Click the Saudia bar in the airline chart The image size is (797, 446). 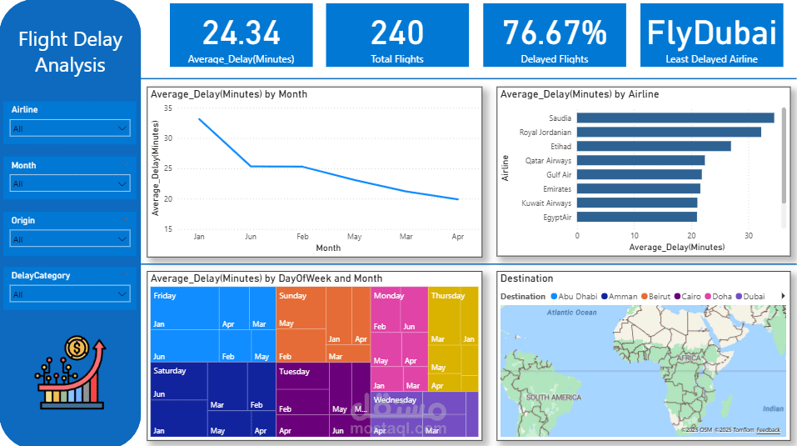pyautogui.click(x=675, y=118)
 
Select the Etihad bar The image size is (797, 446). pyautogui.click(x=654, y=146)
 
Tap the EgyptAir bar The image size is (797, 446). pyautogui.click(x=637, y=217)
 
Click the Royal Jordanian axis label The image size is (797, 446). pyautogui.click(x=545, y=132)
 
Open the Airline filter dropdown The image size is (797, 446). pyautogui.click(x=70, y=128)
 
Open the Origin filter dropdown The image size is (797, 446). pyautogui.click(x=70, y=239)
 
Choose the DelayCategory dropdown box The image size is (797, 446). pyautogui.click(x=70, y=293)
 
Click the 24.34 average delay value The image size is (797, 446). pyautogui.click(x=242, y=33)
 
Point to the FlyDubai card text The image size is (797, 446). pyautogui.click(x=712, y=33)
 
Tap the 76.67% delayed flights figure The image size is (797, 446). pyautogui.click(x=555, y=33)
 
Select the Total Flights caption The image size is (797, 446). pyautogui.click(x=397, y=59)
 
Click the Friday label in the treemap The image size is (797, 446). pyautogui.click(x=165, y=296)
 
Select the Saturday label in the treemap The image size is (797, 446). pyautogui.click(x=170, y=370)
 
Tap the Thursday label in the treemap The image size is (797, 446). pyautogui.click(x=448, y=296)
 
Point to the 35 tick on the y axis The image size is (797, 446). pyautogui.click(x=167, y=108)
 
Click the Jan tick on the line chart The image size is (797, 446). pyautogui.click(x=199, y=237)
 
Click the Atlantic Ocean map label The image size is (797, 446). pyautogui.click(x=572, y=313)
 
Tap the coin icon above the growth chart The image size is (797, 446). pyautogui.click(x=76, y=346)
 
